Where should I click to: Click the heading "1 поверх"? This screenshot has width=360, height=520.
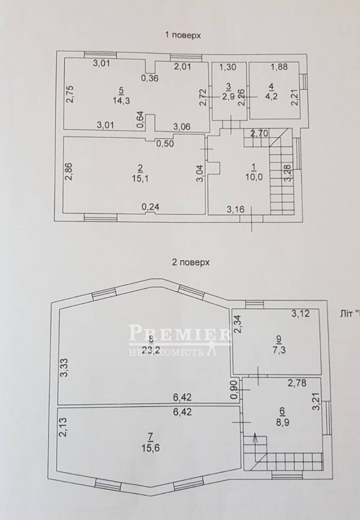coord(183,35)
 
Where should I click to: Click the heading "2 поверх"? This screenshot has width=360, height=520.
coord(191,262)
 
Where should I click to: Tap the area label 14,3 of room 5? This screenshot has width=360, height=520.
coord(121,101)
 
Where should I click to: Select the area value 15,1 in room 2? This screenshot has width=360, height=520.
coord(140,179)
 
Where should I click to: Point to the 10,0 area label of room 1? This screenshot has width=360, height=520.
coord(254,177)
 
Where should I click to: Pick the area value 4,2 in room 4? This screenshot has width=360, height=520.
coord(271,97)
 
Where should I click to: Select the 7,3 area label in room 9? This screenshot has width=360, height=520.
coord(279,350)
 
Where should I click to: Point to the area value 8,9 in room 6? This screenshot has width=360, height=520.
coord(282,423)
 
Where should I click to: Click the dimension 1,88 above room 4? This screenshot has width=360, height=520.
coord(280,67)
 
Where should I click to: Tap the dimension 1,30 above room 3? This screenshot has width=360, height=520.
coord(228,67)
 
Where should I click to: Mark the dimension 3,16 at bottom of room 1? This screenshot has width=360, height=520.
coord(236,209)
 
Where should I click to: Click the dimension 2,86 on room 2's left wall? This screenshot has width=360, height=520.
coord(69,171)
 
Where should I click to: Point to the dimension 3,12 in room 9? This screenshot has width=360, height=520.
coord(301,313)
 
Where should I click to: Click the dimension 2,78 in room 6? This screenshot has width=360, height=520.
coord(297,383)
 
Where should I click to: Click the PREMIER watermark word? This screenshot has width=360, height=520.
coord(179,333)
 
